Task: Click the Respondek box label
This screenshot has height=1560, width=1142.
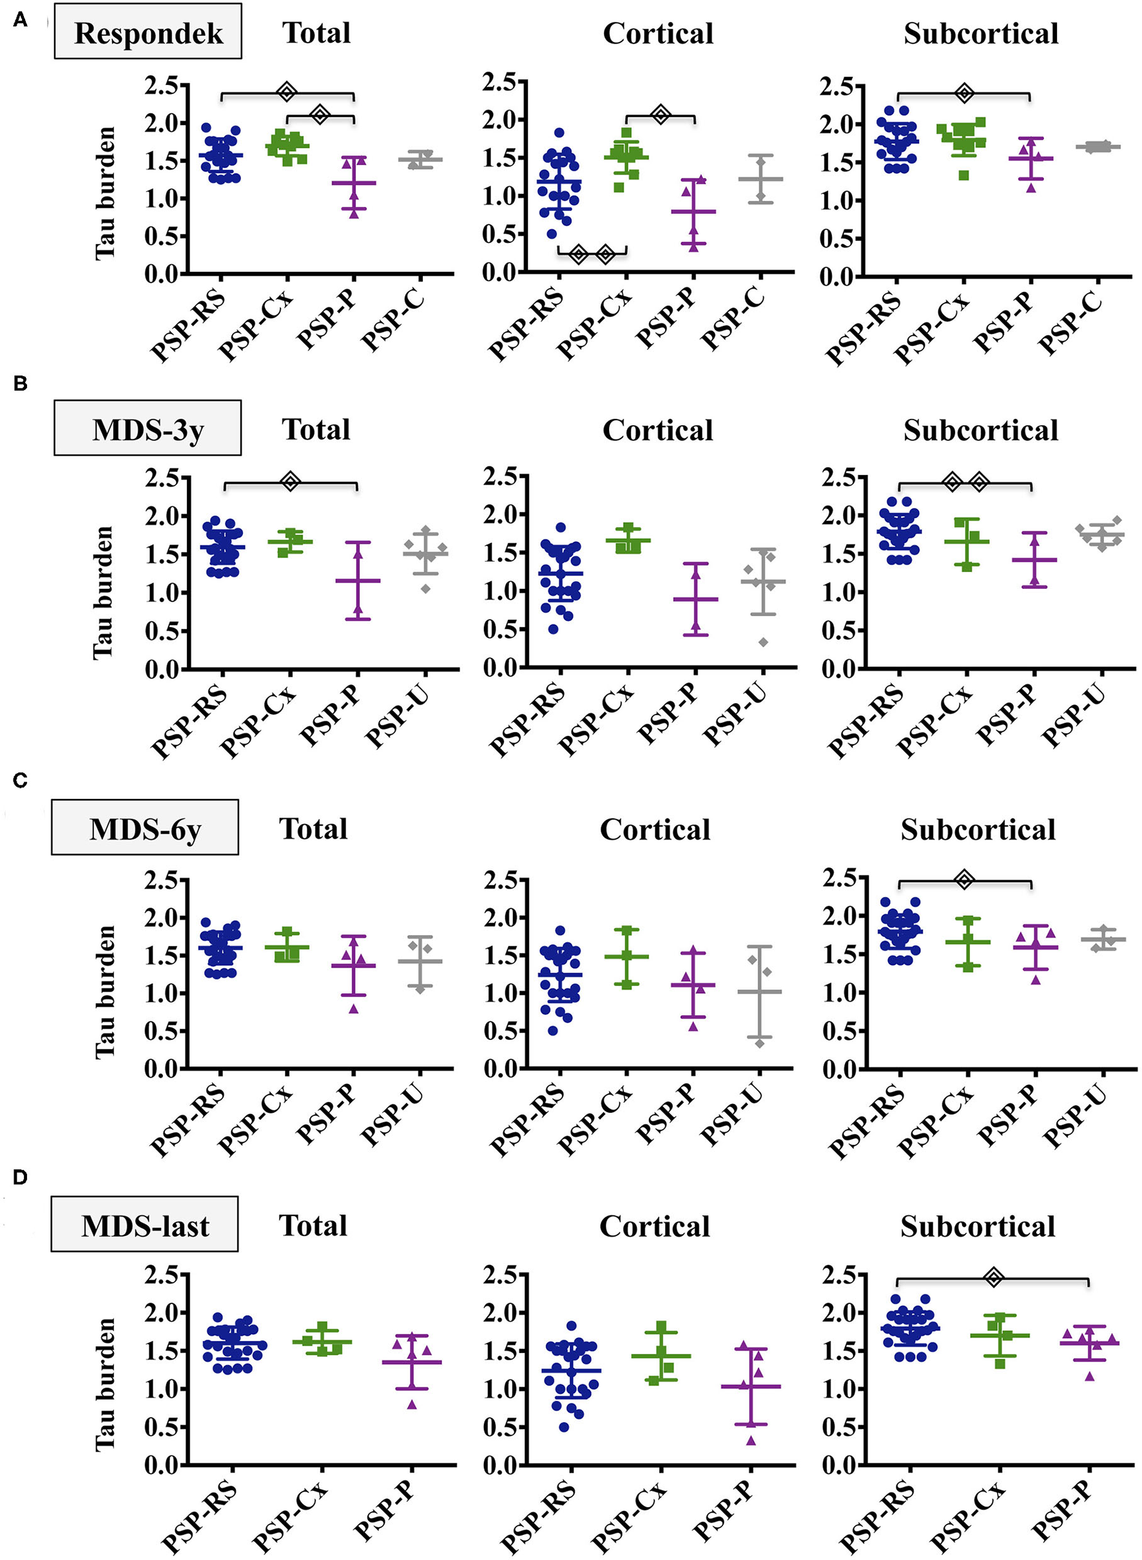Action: (148, 32)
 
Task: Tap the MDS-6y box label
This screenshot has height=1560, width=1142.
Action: (144, 829)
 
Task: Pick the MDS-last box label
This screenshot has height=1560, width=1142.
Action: (144, 1226)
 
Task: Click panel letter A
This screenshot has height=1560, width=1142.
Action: (20, 20)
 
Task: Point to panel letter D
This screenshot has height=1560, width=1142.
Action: (20, 1177)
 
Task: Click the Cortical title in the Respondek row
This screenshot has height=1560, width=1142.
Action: (657, 33)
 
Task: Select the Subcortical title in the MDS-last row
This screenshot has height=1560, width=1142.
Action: (978, 1226)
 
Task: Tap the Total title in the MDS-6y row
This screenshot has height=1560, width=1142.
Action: (313, 829)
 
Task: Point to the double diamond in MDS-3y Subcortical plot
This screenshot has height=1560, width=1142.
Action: (965, 483)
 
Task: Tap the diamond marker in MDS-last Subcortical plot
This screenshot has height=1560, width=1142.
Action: (993, 1278)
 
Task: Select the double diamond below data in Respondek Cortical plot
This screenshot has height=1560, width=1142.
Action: (592, 255)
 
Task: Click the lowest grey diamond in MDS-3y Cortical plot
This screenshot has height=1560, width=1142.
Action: (763, 642)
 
